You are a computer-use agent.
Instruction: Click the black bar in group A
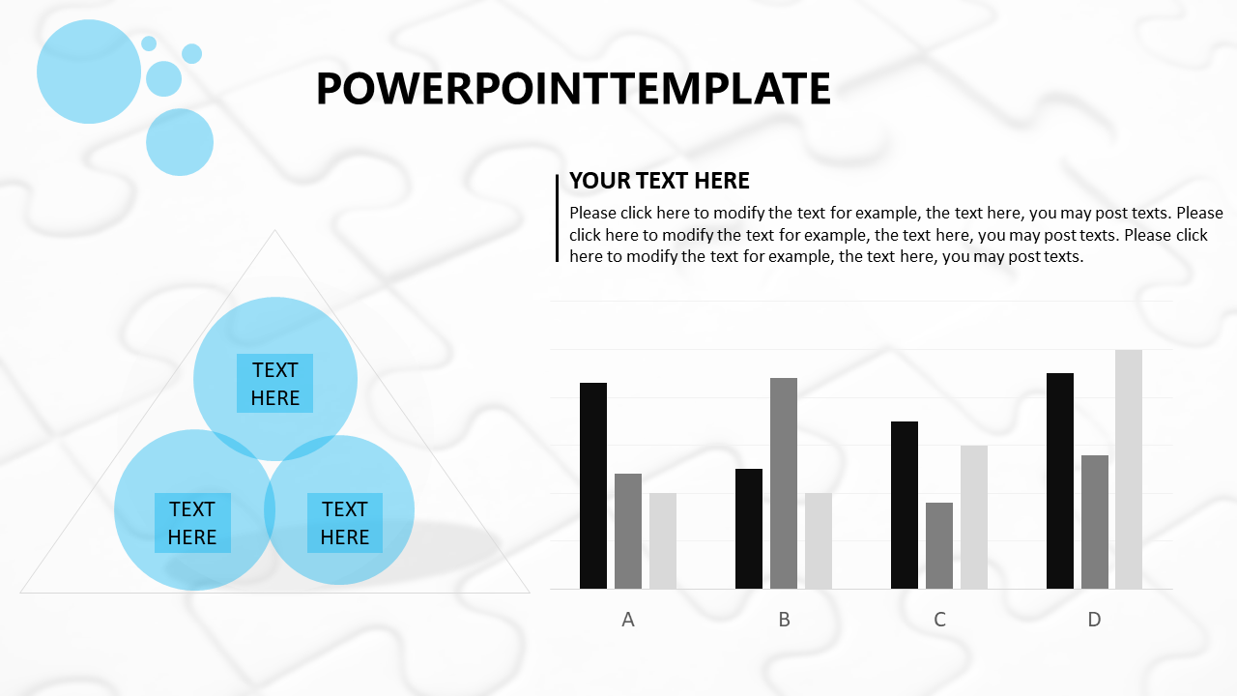593,485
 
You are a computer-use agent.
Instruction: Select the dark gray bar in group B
784,483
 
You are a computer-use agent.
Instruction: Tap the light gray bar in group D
1129,469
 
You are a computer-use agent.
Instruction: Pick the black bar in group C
905,505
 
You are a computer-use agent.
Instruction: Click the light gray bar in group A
663,540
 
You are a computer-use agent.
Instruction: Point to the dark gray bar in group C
939,546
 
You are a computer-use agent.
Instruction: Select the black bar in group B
749,529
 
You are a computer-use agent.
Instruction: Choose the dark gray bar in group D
1095,522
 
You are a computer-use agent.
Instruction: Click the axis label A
628,620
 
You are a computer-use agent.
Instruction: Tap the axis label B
784,620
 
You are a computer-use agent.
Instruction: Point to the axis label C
939,620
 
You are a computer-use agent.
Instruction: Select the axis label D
1095,620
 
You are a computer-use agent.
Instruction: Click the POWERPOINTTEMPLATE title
573,88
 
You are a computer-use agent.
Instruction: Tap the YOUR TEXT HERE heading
659,181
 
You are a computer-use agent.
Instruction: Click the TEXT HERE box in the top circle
275,384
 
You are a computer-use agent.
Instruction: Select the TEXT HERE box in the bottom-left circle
192,523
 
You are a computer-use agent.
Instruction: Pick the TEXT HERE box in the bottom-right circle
345,523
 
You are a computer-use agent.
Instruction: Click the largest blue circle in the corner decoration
89,72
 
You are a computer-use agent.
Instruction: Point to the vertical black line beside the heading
558,218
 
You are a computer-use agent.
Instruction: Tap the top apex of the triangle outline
275,230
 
